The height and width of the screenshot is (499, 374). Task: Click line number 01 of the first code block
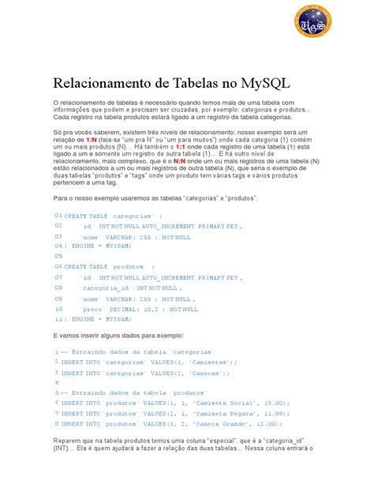[58, 215]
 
